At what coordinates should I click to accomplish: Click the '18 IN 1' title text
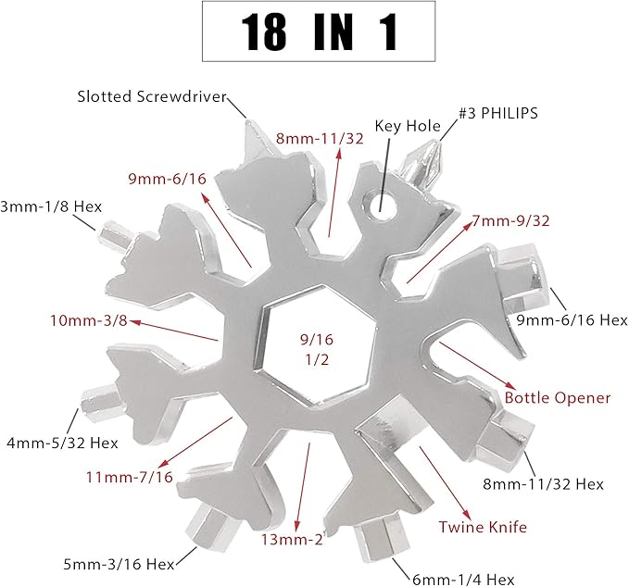click(320, 31)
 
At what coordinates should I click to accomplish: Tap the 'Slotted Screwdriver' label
click(152, 96)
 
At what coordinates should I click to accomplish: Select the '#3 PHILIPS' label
click(498, 113)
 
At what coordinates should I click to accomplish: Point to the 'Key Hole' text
click(408, 126)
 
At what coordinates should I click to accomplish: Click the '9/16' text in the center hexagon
click(317, 340)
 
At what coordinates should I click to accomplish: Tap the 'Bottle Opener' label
click(557, 397)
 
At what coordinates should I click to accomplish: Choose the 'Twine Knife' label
click(483, 527)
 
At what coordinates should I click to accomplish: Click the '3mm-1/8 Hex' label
click(51, 206)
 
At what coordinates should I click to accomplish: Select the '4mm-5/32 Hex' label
click(62, 443)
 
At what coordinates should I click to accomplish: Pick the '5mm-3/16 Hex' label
click(119, 564)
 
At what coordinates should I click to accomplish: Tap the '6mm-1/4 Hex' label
click(463, 580)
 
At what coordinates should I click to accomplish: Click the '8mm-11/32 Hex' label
click(543, 484)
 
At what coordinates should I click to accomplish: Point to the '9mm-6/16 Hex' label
click(572, 320)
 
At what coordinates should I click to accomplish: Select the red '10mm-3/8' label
click(89, 320)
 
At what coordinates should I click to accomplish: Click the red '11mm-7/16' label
click(129, 477)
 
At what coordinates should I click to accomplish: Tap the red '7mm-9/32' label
click(510, 220)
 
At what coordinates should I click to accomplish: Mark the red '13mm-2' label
click(292, 539)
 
